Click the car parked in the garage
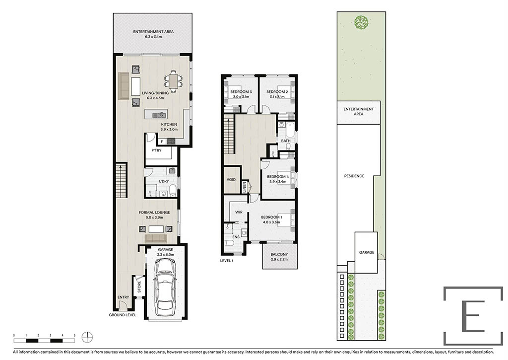click(166, 287)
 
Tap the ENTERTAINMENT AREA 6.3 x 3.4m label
click(153, 34)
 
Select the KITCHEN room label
click(169, 125)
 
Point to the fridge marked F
click(162, 142)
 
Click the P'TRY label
click(156, 150)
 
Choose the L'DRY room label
click(164, 181)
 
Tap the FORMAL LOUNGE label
click(154, 213)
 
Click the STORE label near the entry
click(139, 287)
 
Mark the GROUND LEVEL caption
click(123, 315)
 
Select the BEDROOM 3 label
click(241, 92)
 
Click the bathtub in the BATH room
click(286, 129)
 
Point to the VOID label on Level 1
click(231, 180)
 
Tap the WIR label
click(239, 212)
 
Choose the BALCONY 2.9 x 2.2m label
click(279, 257)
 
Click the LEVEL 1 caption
click(227, 260)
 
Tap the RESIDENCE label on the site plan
click(354, 176)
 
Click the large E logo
click(473, 316)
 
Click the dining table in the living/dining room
click(174, 81)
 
